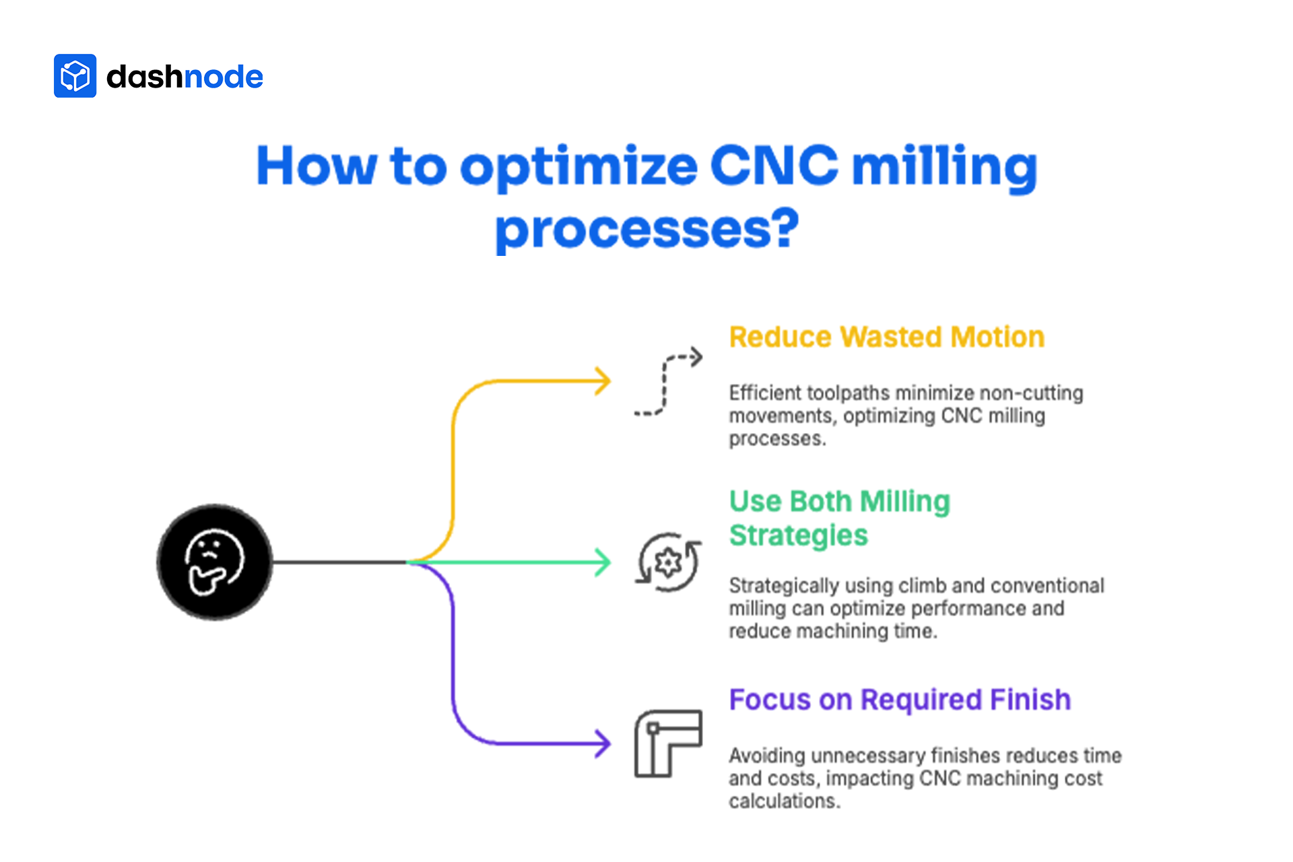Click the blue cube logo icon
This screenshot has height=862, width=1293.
pos(75,76)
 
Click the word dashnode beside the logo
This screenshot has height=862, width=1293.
pos(185,77)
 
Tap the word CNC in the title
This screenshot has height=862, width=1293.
pos(774,166)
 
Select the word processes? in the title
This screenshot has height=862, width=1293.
pos(646,229)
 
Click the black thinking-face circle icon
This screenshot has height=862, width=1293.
pos(215,562)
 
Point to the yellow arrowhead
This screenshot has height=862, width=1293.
pos(602,381)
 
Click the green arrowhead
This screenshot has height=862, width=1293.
pos(602,562)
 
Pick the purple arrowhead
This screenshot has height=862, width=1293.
pos(602,743)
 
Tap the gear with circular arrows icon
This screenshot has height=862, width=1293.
pos(668,562)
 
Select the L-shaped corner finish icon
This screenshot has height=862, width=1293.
pos(668,743)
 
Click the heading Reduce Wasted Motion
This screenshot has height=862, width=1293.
pos(886,337)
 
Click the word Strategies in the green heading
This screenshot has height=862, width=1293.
pos(799,535)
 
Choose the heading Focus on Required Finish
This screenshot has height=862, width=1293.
pos(900,700)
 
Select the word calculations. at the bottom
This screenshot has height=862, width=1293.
pos(785,801)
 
